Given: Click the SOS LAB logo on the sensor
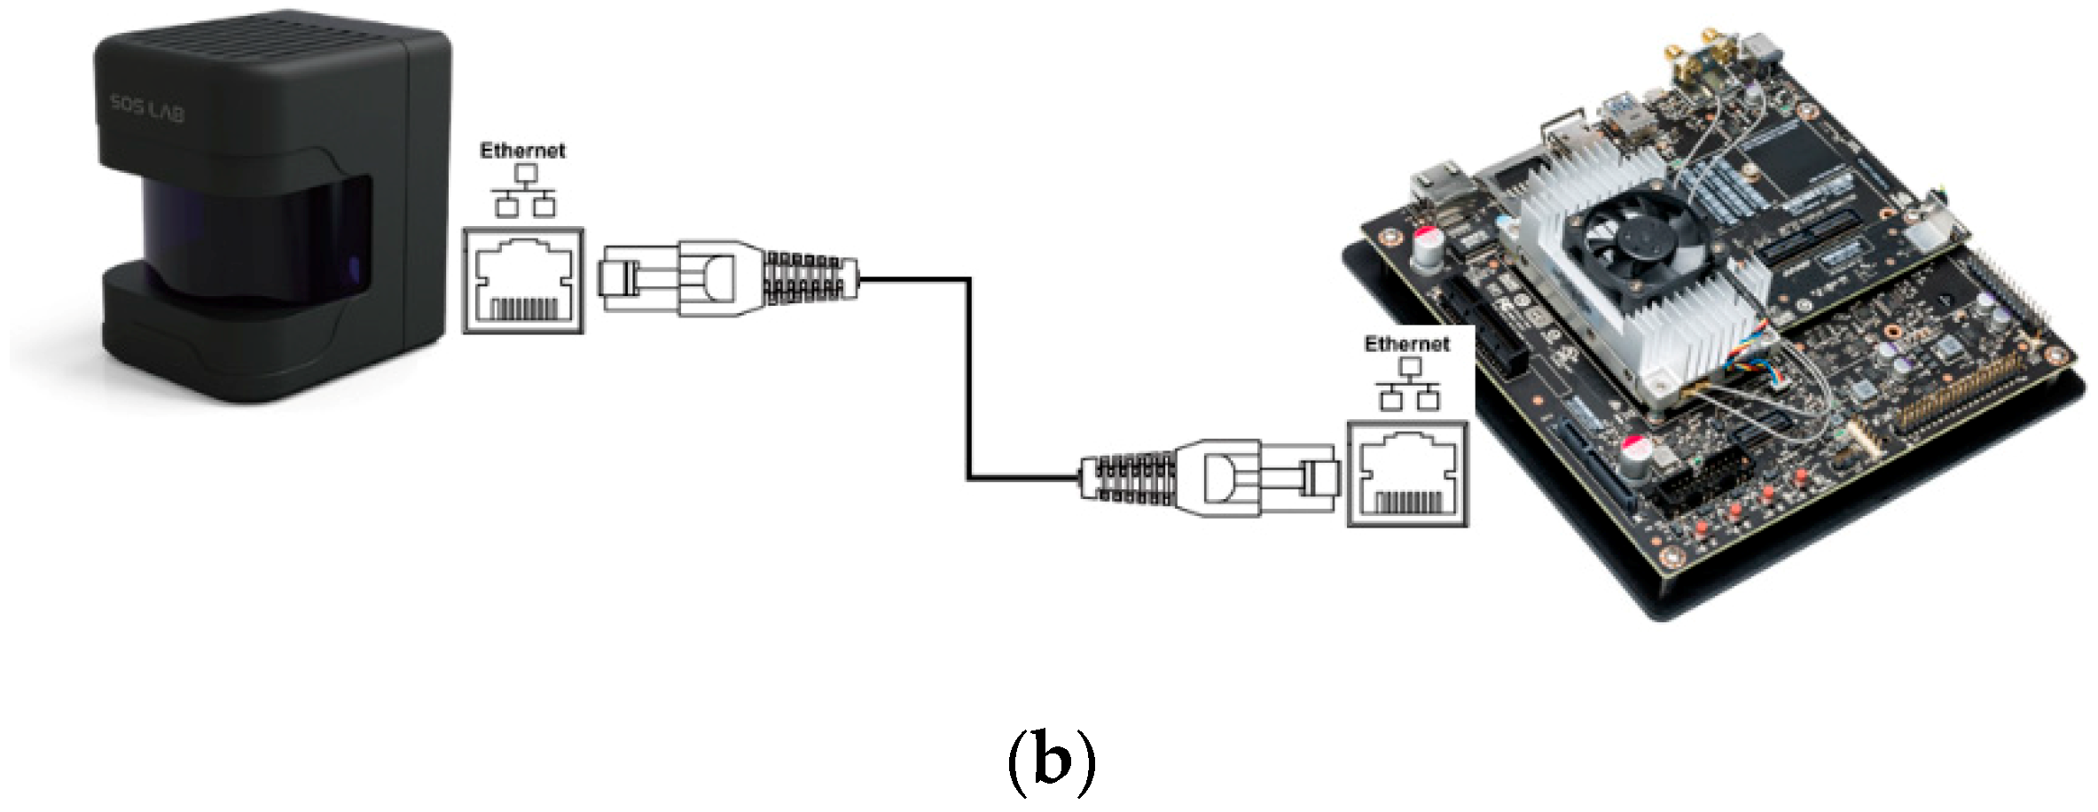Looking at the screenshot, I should pyautogui.click(x=147, y=110).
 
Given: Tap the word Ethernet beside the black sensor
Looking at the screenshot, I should pyautogui.click(x=522, y=151).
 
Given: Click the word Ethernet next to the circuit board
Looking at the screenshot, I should pyautogui.click(x=1406, y=344).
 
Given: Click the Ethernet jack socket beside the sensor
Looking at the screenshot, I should pyautogui.click(x=523, y=281).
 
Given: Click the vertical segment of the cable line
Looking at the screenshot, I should pyautogui.click(x=968, y=381).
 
